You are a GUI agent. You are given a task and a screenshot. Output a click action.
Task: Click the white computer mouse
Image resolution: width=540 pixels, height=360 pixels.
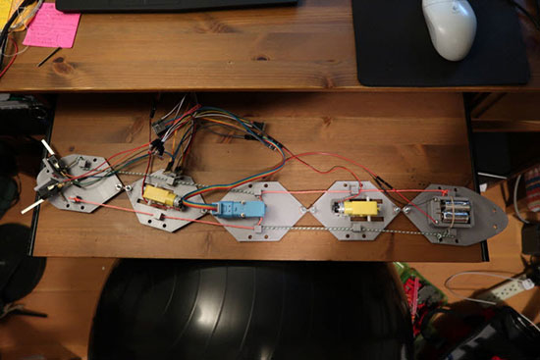click(450, 26)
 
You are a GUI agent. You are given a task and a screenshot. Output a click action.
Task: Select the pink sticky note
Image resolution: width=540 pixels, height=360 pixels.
click(51, 26)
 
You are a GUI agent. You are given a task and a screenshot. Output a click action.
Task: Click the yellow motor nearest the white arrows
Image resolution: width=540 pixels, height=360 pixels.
click(159, 196)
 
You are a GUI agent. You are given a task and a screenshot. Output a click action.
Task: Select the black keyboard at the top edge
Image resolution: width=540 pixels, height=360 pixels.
click(177, 5)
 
